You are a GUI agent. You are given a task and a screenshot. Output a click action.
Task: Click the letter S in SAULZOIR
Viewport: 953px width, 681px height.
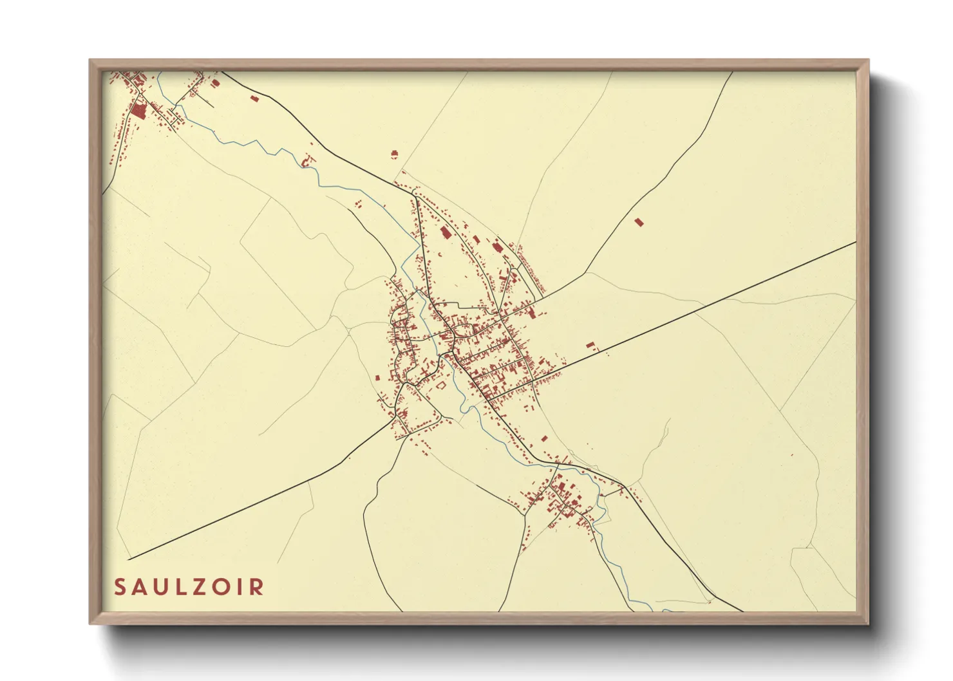coord(120,587)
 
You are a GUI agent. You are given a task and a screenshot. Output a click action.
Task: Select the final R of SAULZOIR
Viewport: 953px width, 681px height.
coord(258,587)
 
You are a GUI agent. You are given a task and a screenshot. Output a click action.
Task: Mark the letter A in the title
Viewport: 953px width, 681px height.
coord(140,587)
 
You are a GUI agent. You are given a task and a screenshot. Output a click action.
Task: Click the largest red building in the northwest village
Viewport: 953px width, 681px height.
coord(138,111)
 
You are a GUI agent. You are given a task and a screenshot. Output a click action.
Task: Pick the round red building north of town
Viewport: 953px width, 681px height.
coord(395,153)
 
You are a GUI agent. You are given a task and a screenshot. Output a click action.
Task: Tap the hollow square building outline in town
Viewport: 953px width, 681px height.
coord(441,385)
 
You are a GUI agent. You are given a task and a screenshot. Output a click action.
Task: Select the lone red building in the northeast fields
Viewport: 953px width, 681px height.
coord(639,222)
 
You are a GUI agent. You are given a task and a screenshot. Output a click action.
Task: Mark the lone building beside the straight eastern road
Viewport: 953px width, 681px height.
coord(590,346)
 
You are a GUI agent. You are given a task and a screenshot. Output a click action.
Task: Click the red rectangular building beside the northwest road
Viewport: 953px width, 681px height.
coord(254,98)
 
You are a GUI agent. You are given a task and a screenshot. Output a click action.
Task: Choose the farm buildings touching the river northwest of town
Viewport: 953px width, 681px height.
coord(308,160)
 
